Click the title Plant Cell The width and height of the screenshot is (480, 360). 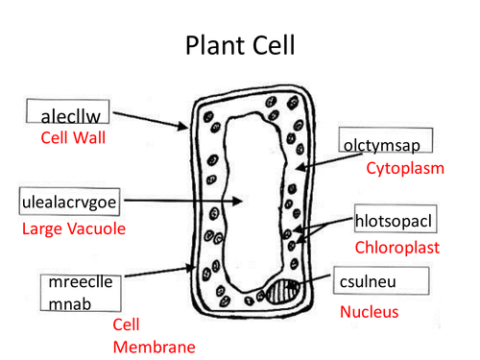(240, 45)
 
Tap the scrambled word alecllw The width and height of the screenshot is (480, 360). (71, 116)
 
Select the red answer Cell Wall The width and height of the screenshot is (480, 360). (73, 138)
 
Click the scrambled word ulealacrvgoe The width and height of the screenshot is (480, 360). (69, 203)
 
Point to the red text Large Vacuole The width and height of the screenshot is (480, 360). (74, 229)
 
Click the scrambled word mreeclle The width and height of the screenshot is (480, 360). (81, 282)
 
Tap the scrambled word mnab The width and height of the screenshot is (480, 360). (70, 304)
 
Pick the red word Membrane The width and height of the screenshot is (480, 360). (155, 348)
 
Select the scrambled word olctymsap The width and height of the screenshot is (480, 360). (382, 146)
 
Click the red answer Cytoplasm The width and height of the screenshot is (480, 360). (405, 168)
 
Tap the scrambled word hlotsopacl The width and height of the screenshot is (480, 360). (394, 221)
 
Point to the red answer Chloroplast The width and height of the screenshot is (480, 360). (397, 248)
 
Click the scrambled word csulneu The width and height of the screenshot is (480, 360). (368, 282)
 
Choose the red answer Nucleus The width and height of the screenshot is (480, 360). (369, 312)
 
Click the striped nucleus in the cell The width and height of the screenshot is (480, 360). (283, 292)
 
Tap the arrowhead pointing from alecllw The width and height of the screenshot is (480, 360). (183, 126)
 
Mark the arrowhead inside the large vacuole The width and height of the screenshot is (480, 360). (237, 201)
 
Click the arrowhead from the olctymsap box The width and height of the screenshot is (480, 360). (300, 167)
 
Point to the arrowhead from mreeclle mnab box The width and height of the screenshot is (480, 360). (191, 267)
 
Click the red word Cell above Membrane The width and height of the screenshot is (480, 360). (126, 324)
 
